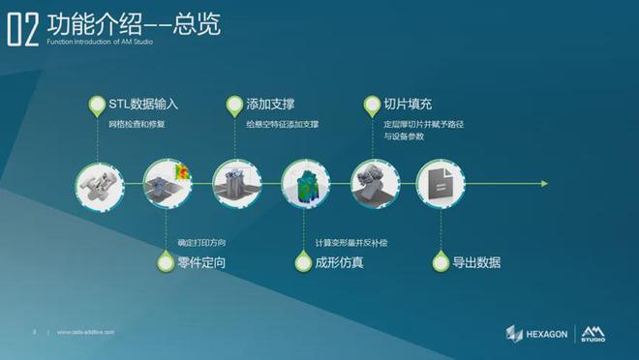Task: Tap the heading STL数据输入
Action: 142,103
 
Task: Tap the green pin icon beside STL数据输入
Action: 95,104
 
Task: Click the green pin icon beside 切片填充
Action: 370,104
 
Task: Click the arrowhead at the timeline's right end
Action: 544,183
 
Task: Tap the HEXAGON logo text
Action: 548,334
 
